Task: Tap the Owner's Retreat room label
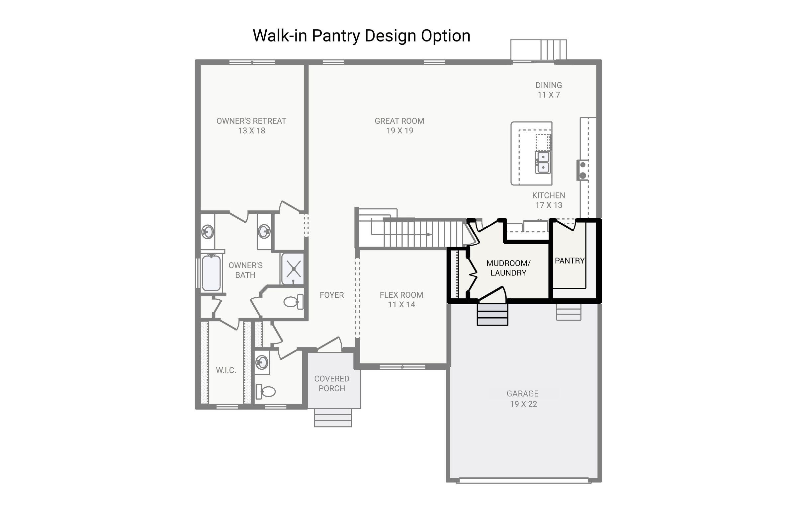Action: tap(251, 126)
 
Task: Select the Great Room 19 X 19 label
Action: tap(399, 126)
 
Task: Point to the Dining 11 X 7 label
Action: tap(548, 90)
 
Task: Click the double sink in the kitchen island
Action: tap(543, 162)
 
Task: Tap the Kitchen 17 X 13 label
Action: tap(548, 200)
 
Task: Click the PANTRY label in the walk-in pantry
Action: tap(569, 261)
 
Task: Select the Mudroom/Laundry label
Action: tap(508, 268)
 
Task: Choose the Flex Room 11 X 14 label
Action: tap(401, 300)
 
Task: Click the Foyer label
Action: tap(331, 295)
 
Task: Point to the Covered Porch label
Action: tap(331, 383)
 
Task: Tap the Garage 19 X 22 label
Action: tap(522, 399)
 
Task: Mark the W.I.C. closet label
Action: tap(226, 370)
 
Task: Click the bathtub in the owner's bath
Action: tap(211, 273)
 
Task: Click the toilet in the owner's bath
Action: tap(293, 301)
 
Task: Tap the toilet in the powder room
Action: tap(266, 392)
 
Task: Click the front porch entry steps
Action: tap(332, 417)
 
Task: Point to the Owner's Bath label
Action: tap(245, 270)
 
